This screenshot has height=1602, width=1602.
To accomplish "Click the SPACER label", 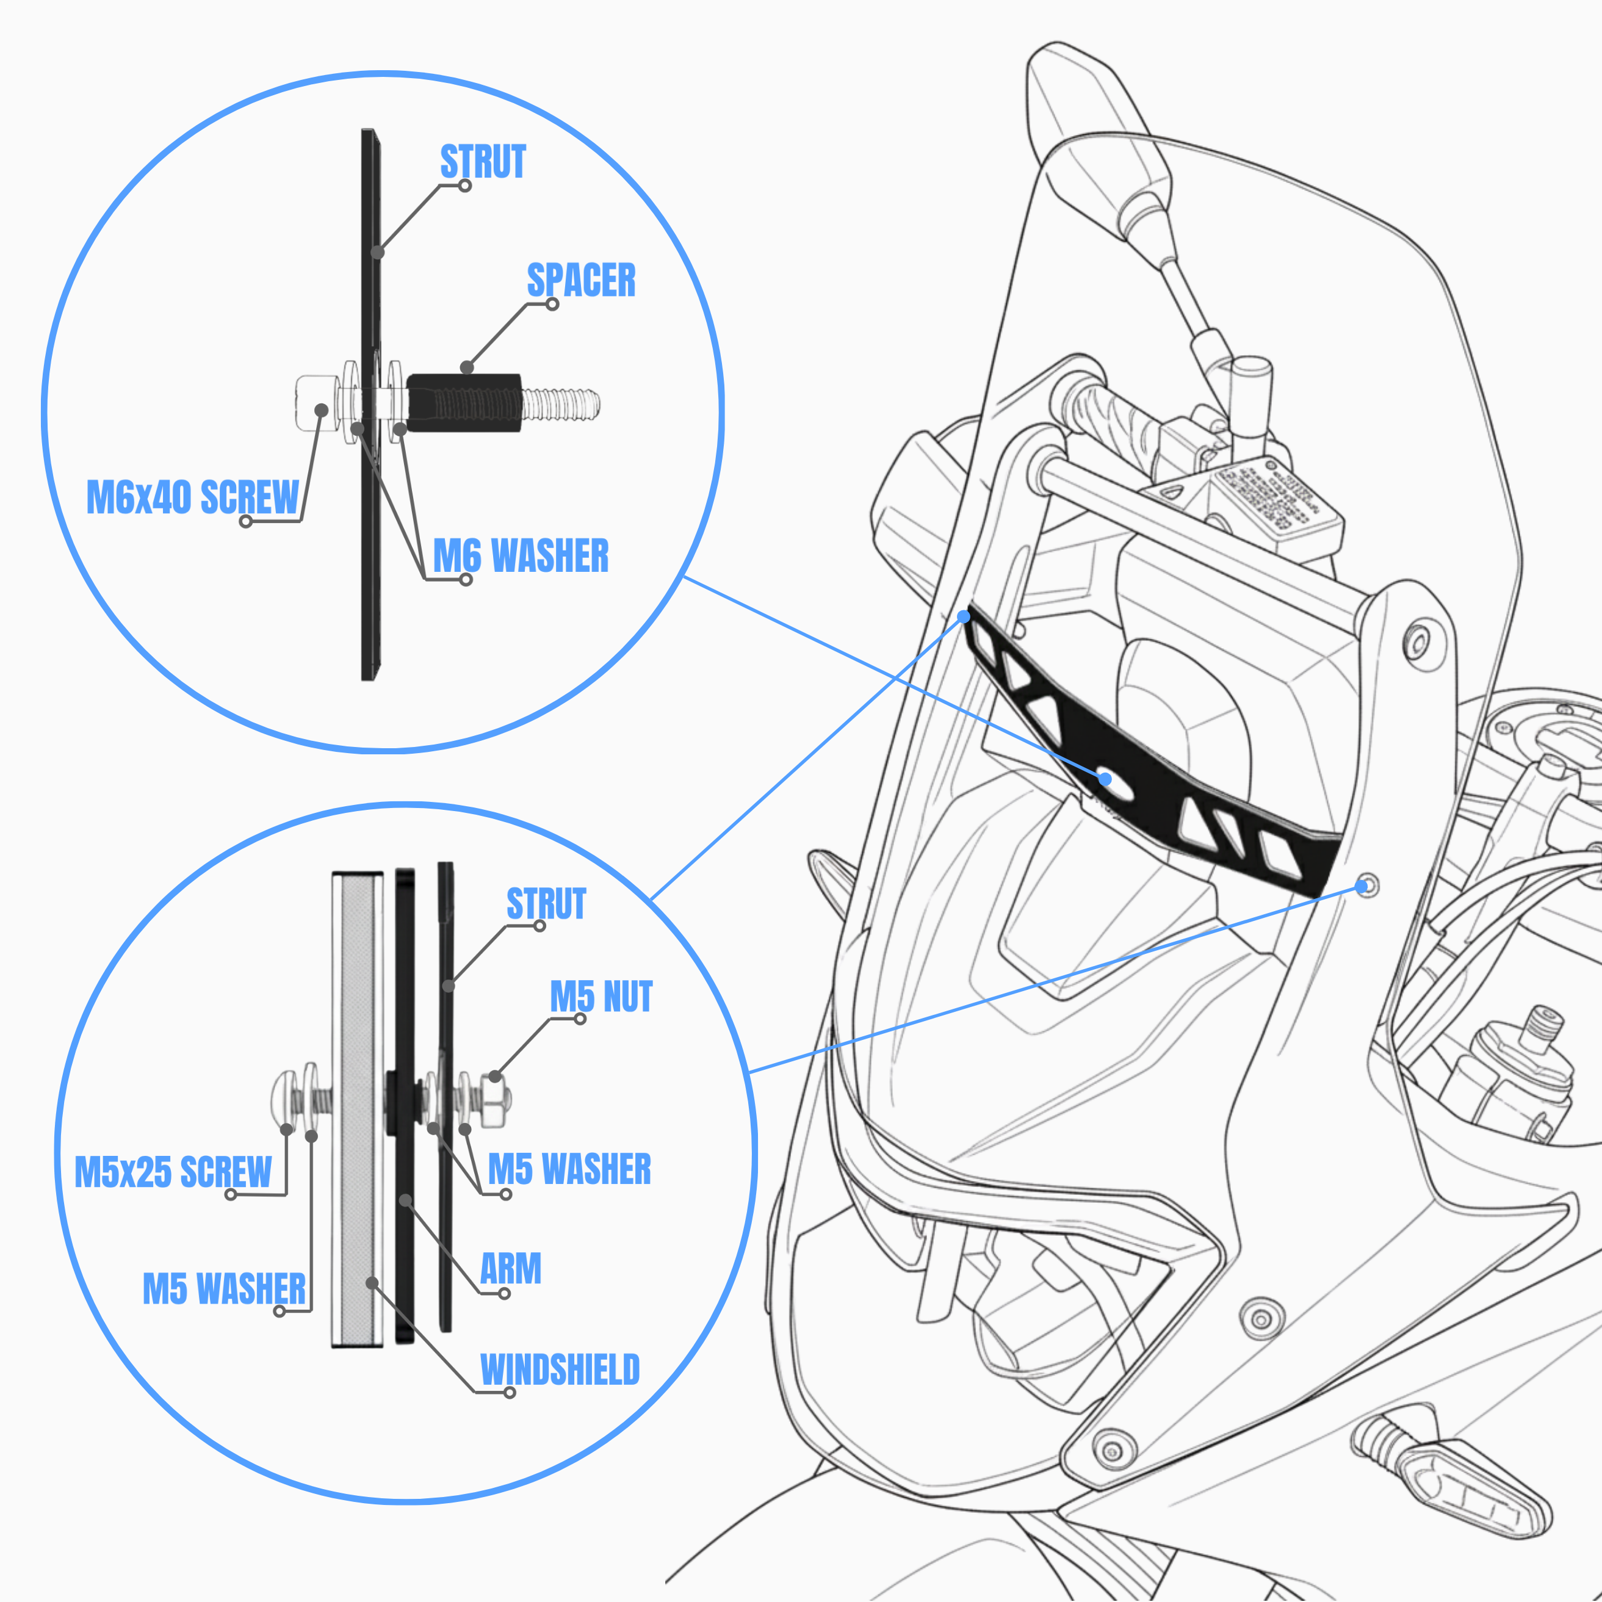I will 580,280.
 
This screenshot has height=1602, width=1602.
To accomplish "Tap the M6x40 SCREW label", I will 192,497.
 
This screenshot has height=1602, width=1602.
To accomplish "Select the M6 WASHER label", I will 521,555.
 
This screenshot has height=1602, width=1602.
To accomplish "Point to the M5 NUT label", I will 601,997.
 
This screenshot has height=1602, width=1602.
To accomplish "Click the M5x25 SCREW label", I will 173,1172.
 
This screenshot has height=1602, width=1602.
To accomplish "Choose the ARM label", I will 511,1269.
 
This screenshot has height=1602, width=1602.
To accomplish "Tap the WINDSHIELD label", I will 560,1370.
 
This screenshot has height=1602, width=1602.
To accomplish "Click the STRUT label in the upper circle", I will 483,162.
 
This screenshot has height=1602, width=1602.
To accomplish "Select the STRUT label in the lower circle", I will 546,904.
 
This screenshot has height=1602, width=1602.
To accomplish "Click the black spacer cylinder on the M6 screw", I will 464,402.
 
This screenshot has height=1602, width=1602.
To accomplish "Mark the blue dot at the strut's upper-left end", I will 964,617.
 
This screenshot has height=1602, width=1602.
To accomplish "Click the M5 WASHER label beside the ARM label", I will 569,1169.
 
